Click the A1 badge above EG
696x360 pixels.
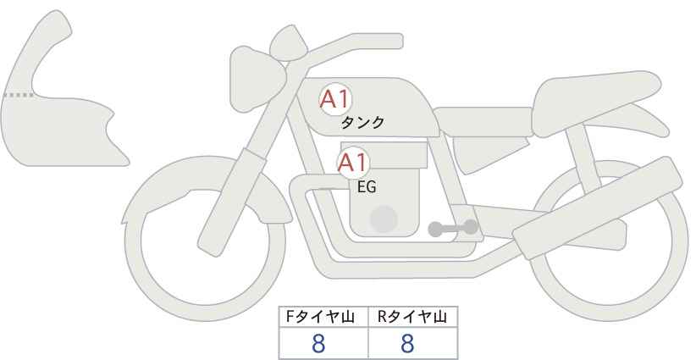(353, 163)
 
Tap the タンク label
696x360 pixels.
(362, 123)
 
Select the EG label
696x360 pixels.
(367, 187)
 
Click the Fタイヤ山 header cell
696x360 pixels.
(324, 318)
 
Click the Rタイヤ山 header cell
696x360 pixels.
(412, 318)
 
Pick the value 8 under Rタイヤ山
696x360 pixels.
(407, 344)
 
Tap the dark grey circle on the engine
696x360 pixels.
(385, 219)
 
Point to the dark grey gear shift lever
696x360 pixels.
(453, 228)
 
